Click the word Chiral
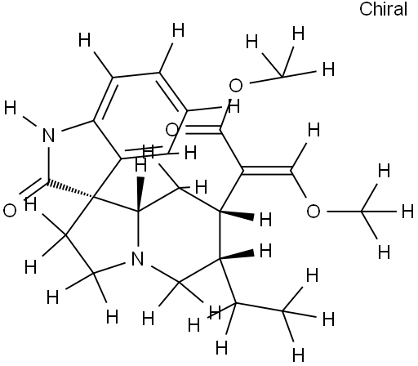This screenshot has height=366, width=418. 383,9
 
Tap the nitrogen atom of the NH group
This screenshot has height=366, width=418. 49,136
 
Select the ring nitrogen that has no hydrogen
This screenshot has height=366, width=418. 137,258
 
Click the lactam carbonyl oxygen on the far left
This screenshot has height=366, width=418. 10,211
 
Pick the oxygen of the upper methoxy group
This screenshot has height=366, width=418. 236,85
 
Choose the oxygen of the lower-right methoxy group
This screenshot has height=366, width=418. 313,211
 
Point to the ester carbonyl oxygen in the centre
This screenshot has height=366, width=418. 172,130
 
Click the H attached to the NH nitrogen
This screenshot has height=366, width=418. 11,108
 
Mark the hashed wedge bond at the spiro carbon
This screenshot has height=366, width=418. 69,190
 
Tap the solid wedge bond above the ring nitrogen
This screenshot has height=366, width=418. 140,194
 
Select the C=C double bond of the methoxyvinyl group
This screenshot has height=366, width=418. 267,169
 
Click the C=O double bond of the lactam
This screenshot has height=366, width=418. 34,187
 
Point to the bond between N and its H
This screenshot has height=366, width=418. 29,122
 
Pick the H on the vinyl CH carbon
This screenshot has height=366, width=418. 313,130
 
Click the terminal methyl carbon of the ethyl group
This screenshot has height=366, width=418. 283,310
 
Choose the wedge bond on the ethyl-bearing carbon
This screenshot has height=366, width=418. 237,256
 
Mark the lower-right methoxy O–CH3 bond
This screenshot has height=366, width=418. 345,211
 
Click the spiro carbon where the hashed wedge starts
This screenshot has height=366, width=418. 93,197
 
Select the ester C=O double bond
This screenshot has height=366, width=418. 202,129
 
